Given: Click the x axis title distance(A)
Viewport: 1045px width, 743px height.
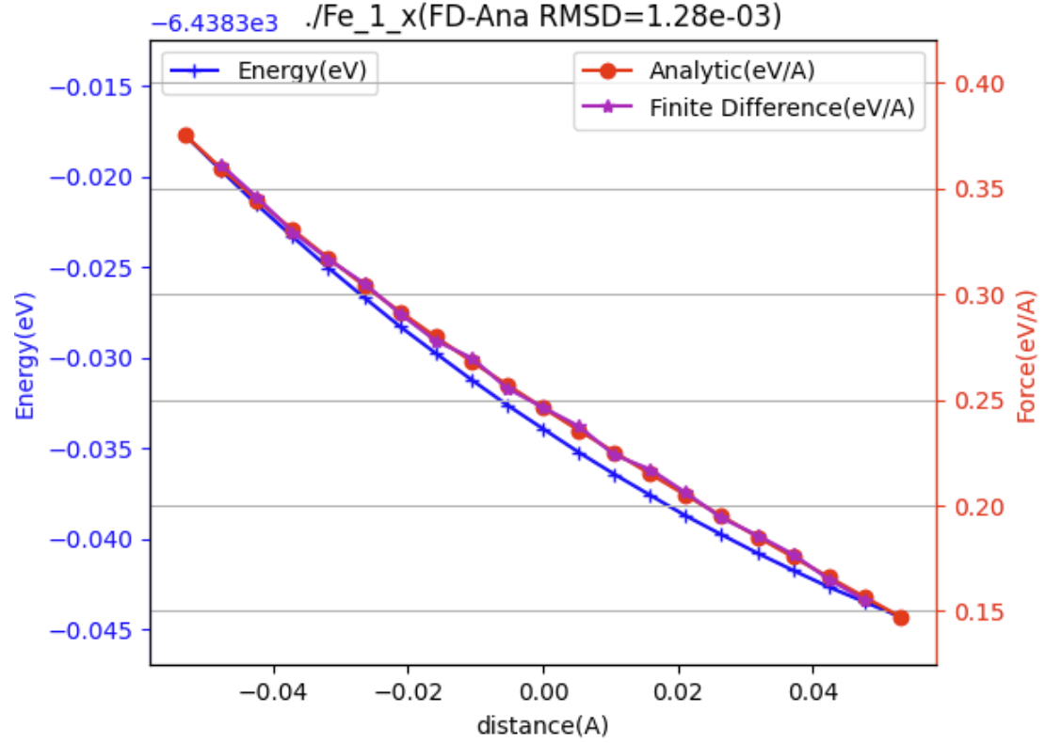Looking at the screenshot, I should click(542, 725).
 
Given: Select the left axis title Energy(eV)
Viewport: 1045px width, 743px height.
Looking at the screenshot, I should click(24, 358).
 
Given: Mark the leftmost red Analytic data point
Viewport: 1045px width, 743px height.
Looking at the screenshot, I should click(186, 135).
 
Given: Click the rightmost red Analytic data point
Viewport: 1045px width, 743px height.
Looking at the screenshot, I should click(901, 618).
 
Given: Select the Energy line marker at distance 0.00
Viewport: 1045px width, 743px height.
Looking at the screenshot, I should click(543, 430).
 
